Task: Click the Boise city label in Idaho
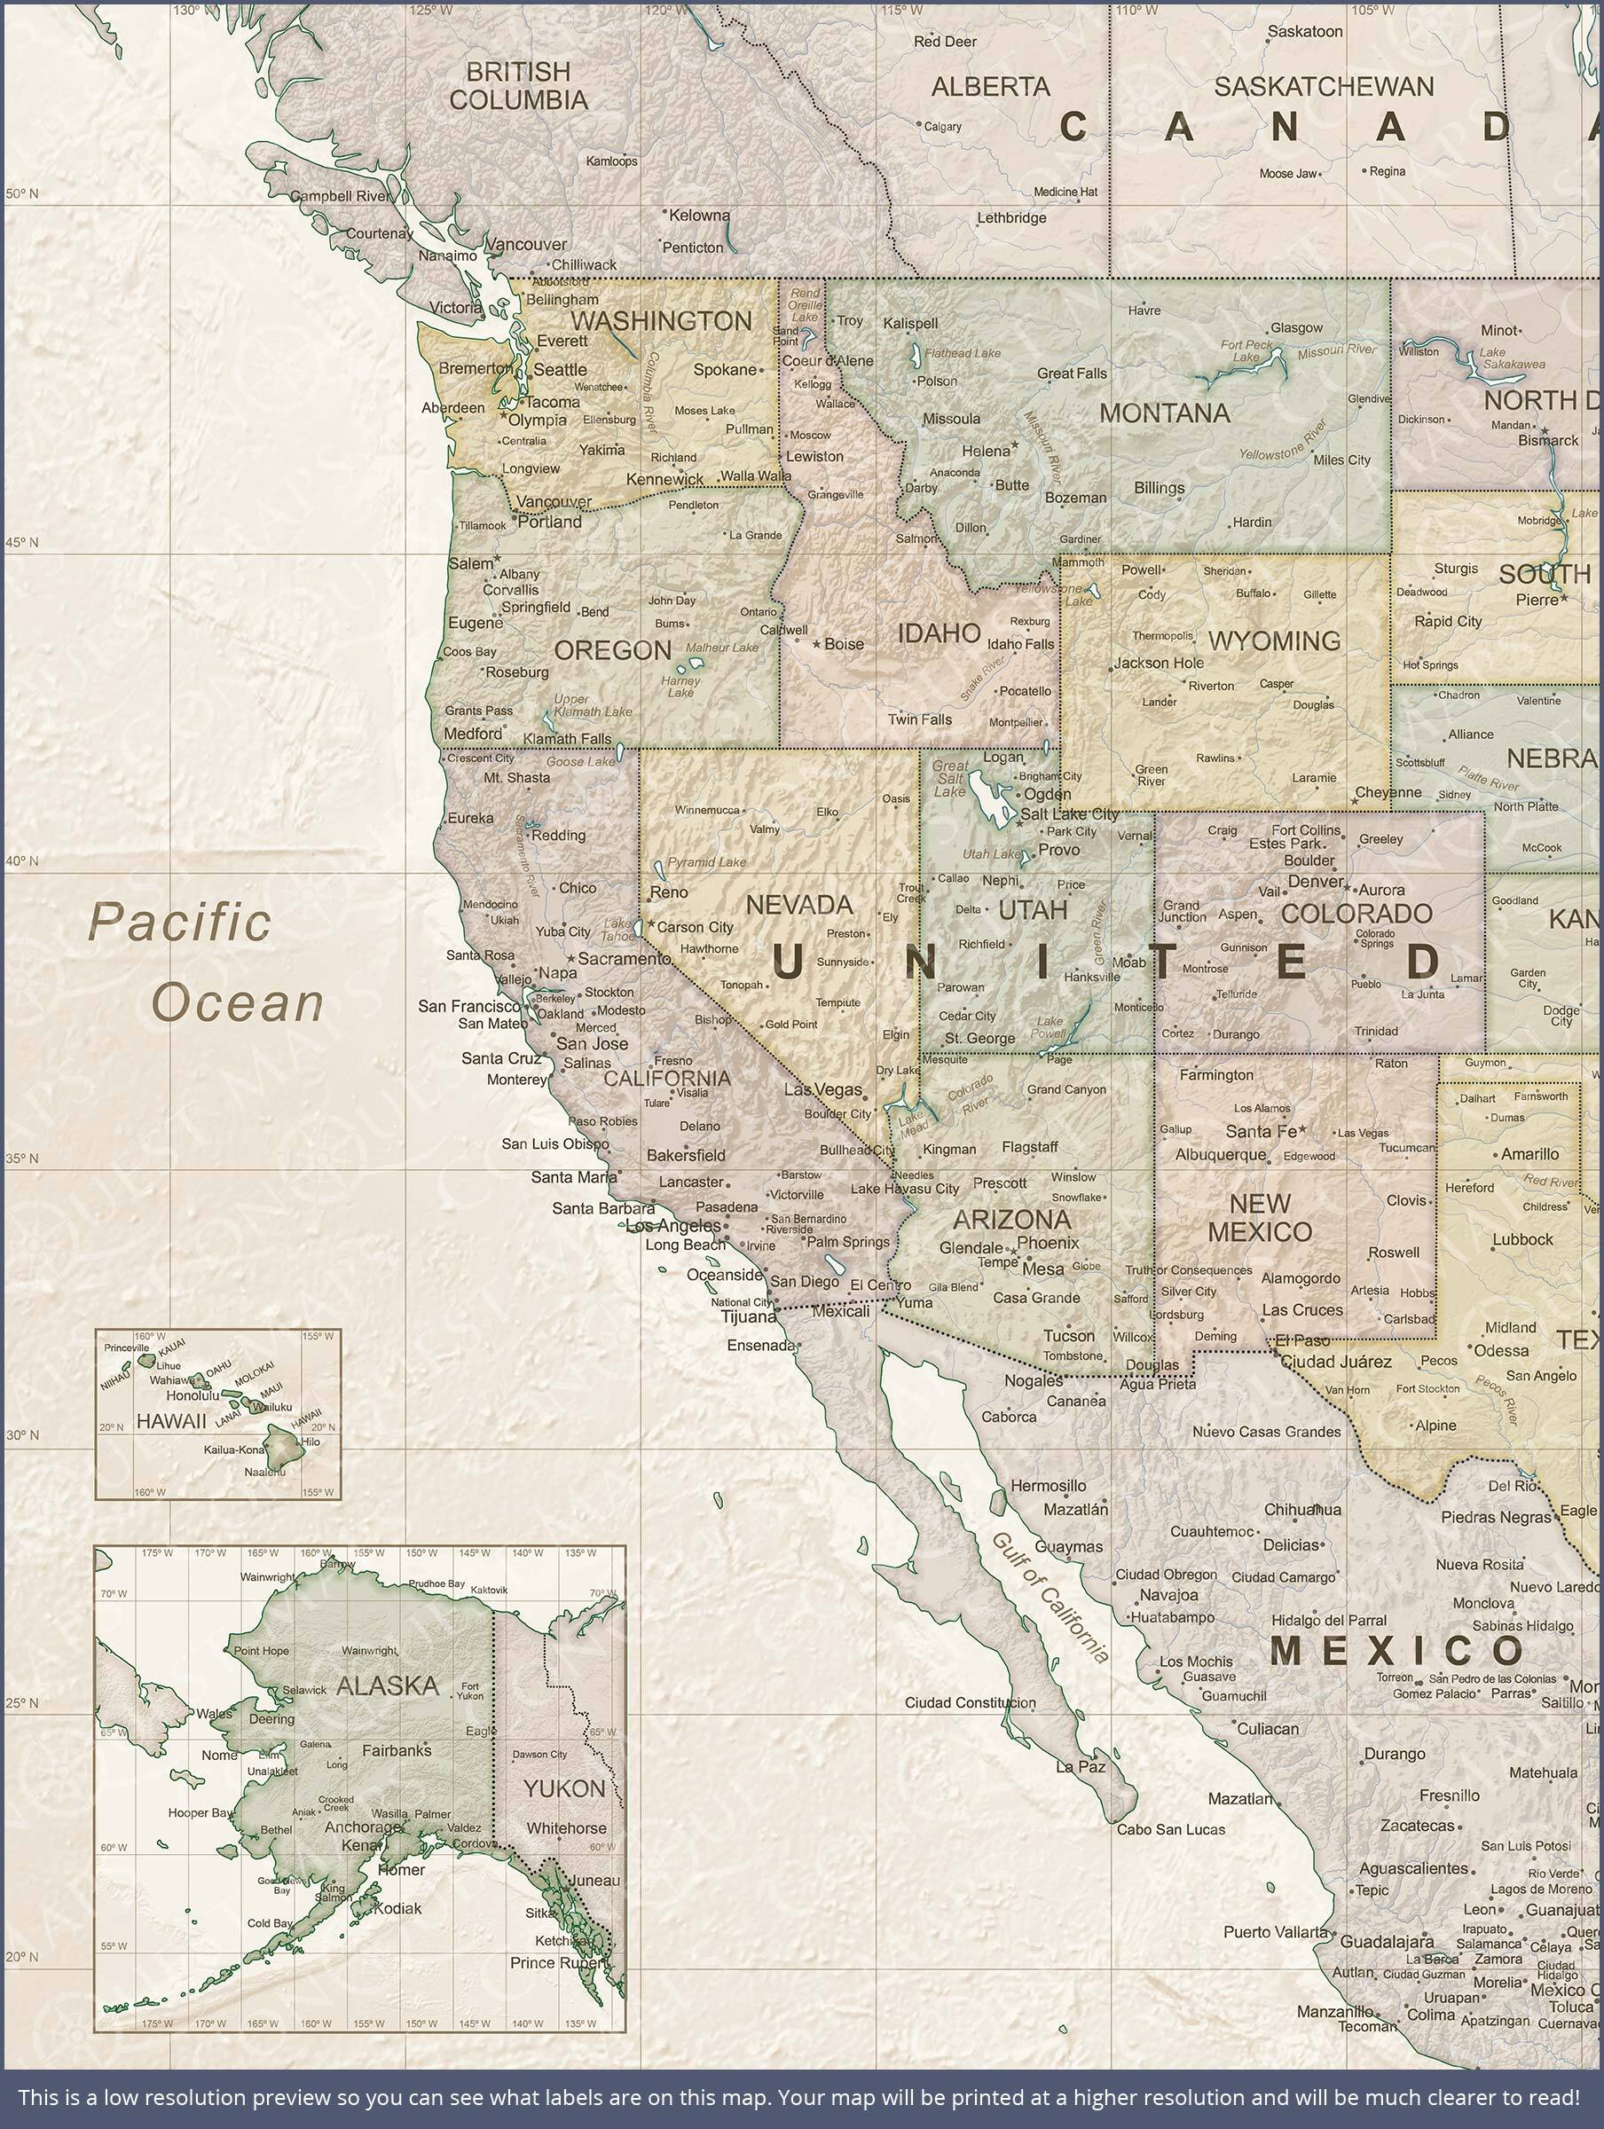coord(844,644)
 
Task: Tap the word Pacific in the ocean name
coord(180,922)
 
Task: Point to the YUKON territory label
coord(564,1788)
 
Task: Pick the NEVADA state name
coord(799,905)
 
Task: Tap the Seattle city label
coord(561,370)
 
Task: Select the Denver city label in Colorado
coord(1315,881)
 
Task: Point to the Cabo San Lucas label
coord(1171,1828)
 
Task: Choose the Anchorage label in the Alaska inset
coord(362,1826)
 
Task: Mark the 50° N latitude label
coord(21,194)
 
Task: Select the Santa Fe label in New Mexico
coord(1261,1132)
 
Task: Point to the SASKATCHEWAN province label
coord(1324,87)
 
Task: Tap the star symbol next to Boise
coord(816,644)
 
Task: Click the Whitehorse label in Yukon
coord(566,1827)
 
